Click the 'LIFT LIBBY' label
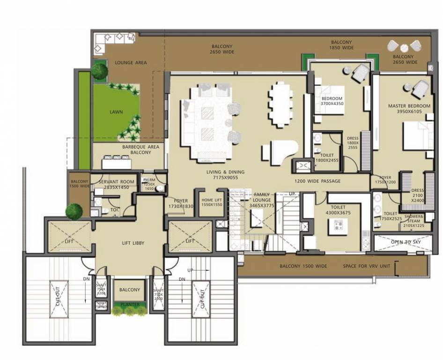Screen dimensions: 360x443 [x=131, y=243]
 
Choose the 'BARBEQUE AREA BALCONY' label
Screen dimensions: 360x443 [x=140, y=150]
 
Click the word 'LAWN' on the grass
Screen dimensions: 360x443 [x=116, y=112]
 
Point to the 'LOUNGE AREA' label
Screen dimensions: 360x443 [x=131, y=62]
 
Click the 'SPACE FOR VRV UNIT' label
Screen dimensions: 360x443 [x=366, y=266]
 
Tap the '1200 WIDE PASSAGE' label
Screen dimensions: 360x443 [x=317, y=181]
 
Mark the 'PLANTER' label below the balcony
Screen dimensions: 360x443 [x=130, y=305]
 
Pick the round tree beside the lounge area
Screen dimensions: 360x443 [x=99, y=71]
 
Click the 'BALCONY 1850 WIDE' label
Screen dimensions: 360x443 [x=340, y=45]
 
